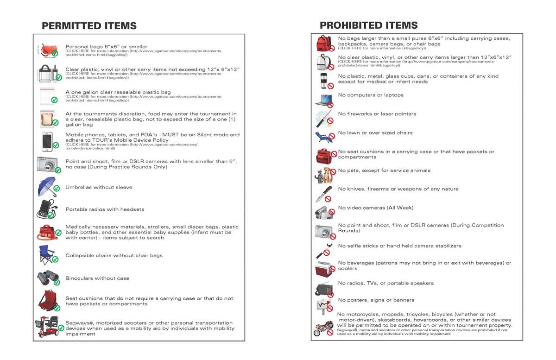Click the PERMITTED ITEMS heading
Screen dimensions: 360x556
tap(89, 26)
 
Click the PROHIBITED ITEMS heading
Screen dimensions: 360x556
tap(368, 25)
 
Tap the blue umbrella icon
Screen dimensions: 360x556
tap(46, 186)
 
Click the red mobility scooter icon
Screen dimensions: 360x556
tap(47, 326)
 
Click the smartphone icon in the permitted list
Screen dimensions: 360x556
tap(47, 141)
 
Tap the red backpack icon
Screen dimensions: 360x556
tap(323, 44)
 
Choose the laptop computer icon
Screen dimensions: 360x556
tap(323, 100)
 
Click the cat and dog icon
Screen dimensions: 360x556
tap(323, 176)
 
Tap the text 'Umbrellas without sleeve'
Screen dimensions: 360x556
tap(99, 188)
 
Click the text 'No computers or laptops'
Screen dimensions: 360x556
tap(371, 95)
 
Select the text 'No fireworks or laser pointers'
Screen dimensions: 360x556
tap(377, 114)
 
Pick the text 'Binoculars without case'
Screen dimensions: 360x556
tap(97, 278)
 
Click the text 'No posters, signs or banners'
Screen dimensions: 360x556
tap(376, 300)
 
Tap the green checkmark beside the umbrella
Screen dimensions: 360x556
tap(57, 189)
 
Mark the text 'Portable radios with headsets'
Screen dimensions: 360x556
tap(105, 209)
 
